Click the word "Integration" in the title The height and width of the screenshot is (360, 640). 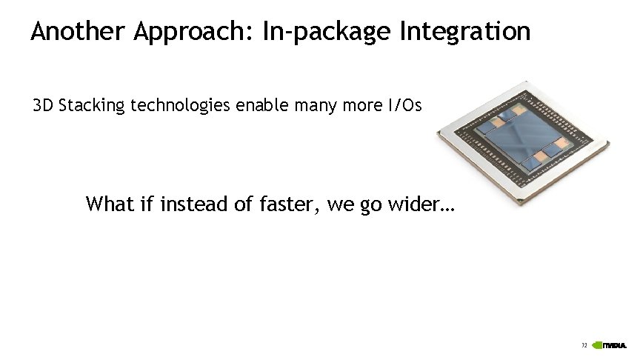tap(464, 32)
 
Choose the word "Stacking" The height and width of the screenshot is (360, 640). tap(92, 106)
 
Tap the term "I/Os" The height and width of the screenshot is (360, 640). tap(404, 106)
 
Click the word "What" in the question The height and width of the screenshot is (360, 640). tap(110, 204)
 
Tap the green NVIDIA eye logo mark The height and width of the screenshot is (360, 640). tap(597, 345)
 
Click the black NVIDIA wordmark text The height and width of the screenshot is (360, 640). tap(616, 346)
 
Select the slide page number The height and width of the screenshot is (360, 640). tap(584, 346)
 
